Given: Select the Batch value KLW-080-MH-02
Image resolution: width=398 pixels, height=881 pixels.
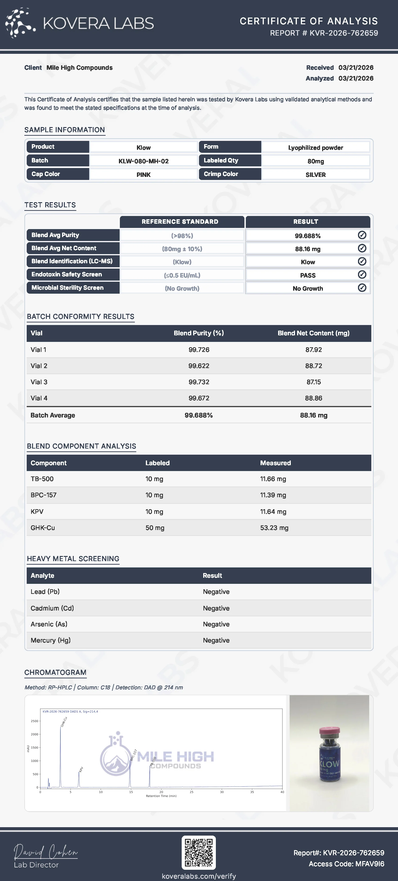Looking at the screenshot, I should pyautogui.click(x=143, y=161).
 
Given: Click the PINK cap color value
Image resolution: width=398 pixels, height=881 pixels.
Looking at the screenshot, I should pyautogui.click(x=143, y=175).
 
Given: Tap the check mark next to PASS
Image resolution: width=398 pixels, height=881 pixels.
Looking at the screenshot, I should pyautogui.click(x=362, y=275).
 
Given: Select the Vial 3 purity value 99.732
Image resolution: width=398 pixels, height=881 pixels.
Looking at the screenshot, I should pyautogui.click(x=199, y=382).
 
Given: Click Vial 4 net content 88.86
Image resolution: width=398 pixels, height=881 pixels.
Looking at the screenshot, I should pyautogui.click(x=313, y=398).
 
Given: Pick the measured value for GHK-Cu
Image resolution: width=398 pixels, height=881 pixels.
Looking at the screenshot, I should pyautogui.click(x=274, y=528).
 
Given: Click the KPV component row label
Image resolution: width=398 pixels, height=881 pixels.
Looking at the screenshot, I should pyautogui.click(x=37, y=512).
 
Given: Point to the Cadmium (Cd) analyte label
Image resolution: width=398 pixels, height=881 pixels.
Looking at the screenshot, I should pyautogui.click(x=52, y=608).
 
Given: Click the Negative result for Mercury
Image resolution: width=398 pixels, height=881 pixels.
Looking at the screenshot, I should pyautogui.click(x=216, y=640).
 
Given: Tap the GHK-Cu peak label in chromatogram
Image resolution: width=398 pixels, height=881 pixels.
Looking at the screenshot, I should pyautogui.click(x=64, y=722).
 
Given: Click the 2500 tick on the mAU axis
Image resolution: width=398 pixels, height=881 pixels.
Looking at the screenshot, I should pyautogui.click(x=35, y=721).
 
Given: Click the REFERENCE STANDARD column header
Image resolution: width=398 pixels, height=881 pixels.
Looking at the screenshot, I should pyautogui.click(x=180, y=222).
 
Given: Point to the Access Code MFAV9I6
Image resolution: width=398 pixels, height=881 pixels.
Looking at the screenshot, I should pyautogui.click(x=346, y=864).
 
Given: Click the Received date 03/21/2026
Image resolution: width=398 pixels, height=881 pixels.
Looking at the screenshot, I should pyautogui.click(x=356, y=68).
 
